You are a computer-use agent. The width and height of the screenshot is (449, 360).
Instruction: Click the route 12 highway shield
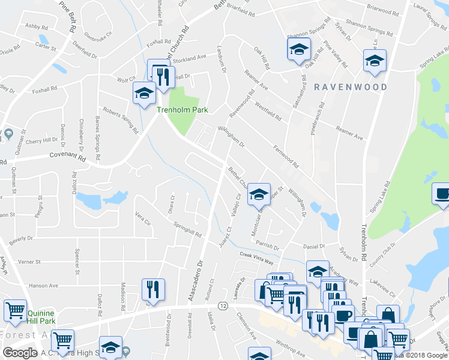223,307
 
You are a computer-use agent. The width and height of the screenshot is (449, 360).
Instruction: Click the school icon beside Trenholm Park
145,92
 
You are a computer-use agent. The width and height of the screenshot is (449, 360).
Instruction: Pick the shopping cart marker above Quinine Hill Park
15,310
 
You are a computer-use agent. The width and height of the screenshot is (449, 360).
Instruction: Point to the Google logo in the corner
20,353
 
